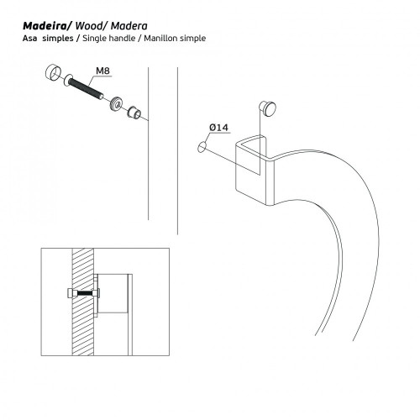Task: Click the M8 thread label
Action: tap(102, 71)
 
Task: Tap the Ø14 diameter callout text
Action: tap(219, 128)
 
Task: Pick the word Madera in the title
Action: tap(129, 26)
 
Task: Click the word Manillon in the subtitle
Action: tap(161, 38)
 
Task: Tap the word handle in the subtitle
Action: tap(122, 38)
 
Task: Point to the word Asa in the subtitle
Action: tap(29, 38)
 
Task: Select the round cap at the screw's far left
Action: tap(53, 72)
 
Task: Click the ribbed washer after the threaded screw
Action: tap(116, 103)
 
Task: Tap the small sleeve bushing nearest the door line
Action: tap(134, 113)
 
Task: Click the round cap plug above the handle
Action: tap(269, 108)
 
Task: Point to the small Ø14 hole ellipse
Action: tap(202, 147)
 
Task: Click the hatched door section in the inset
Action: tap(83, 302)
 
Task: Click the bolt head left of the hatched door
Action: tap(71, 294)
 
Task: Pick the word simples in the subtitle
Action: tap(58, 39)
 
